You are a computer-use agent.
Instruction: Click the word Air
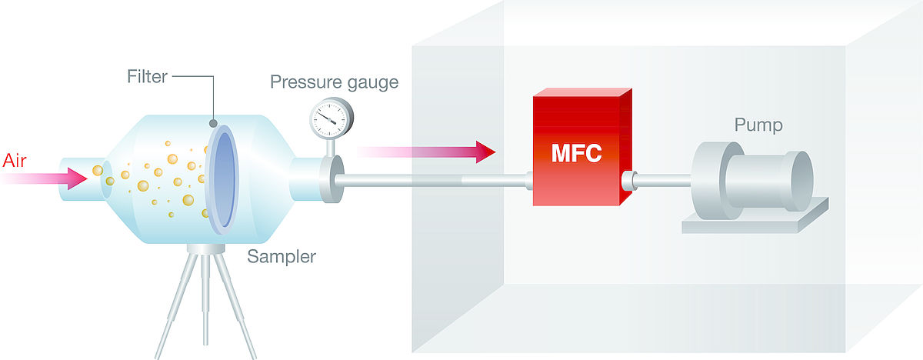click(16, 161)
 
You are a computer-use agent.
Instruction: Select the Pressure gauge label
click(334, 82)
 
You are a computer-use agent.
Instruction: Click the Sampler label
click(281, 256)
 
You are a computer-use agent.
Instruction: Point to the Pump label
click(758, 125)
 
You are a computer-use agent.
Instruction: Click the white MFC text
click(576, 153)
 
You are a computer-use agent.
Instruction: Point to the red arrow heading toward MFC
click(431, 152)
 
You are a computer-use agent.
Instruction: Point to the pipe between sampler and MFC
click(431, 182)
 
